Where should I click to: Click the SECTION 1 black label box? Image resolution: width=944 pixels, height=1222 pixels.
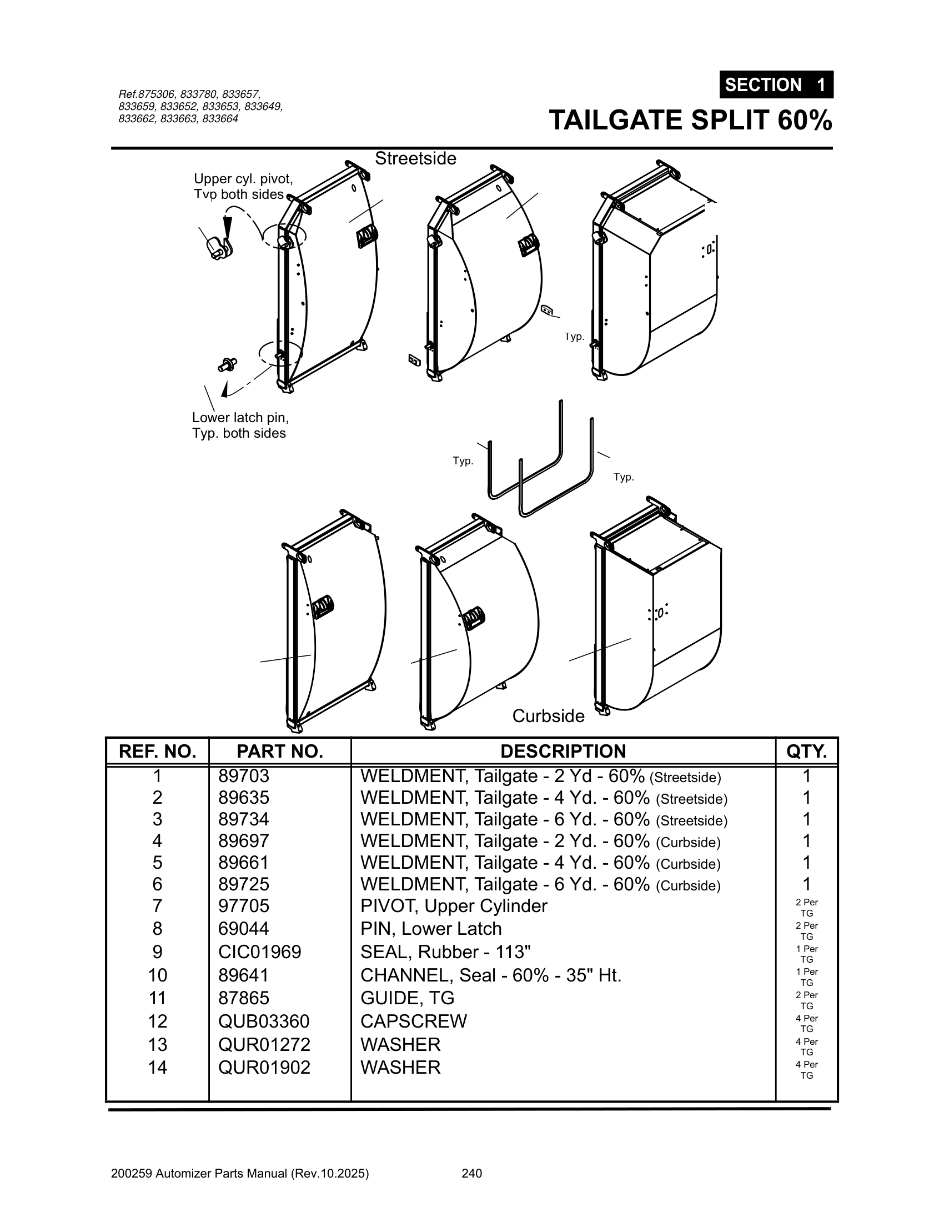point(776,85)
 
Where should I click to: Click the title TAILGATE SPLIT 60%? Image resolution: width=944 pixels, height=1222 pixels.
point(690,121)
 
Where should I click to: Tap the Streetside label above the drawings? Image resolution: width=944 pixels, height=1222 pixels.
point(415,159)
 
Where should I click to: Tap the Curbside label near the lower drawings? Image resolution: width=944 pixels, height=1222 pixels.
point(548,715)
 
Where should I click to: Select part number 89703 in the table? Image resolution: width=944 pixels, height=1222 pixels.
point(244,776)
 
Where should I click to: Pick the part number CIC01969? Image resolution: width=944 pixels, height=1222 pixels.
point(259,951)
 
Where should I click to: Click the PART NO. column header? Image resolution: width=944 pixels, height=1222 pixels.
point(280,751)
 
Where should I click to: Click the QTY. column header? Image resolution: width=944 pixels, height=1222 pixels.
point(806,751)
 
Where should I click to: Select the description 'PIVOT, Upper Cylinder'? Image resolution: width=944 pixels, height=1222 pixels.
point(454,906)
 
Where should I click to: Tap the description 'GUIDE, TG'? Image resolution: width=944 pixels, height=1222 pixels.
point(407,998)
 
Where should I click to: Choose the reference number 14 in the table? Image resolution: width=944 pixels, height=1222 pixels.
point(157,1067)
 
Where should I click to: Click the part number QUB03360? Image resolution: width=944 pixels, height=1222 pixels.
point(263,1021)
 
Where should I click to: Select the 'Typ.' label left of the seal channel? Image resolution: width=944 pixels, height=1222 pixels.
point(463,461)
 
